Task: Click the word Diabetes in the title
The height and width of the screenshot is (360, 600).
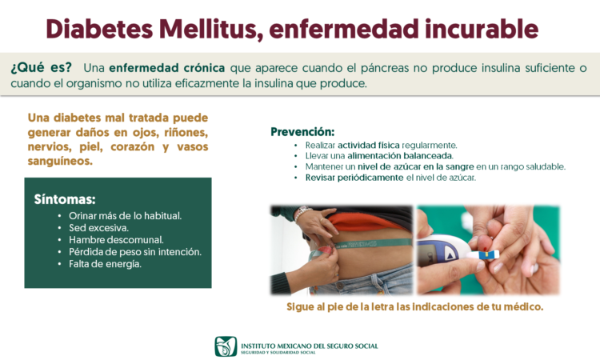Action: pyautogui.click(x=99, y=29)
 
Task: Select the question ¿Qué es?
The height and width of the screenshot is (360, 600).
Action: pyautogui.click(x=41, y=68)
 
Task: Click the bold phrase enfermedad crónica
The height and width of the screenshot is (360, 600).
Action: pyautogui.click(x=167, y=68)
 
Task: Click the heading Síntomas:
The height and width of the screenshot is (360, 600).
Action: pyautogui.click(x=65, y=199)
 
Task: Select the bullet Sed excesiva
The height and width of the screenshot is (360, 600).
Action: pyautogui.click(x=98, y=228)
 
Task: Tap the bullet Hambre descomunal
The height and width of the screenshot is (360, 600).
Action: pyautogui.click(x=116, y=240)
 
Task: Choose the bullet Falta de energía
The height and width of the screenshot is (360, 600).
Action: pyautogui.click(x=106, y=264)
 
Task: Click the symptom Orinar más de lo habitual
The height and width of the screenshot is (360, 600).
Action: pyautogui.click(x=125, y=216)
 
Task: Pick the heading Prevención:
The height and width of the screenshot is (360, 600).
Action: pyautogui.click(x=302, y=132)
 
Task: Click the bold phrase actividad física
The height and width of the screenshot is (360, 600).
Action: pyautogui.click(x=369, y=146)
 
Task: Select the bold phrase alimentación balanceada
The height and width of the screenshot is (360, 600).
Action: pyautogui.click(x=400, y=156)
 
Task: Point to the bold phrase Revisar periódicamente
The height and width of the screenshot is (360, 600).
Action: pyautogui.click(x=354, y=178)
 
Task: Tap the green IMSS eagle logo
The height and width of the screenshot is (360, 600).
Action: pyautogui.click(x=226, y=346)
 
